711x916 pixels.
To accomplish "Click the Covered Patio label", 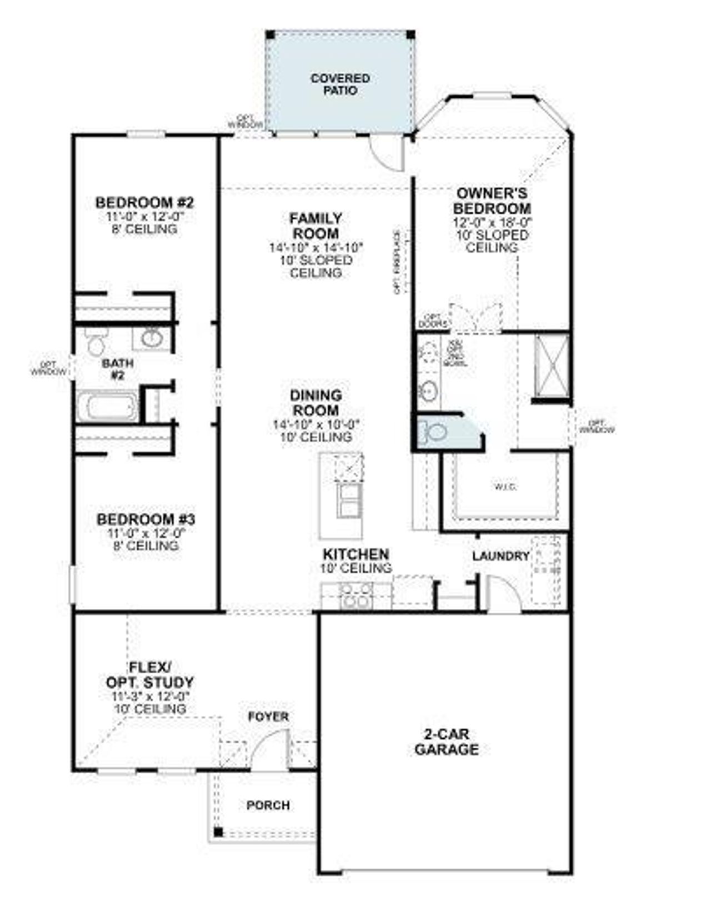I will [x=340, y=84].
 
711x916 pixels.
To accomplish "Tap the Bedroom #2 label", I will [x=144, y=202].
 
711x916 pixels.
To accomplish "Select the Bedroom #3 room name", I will [x=146, y=520].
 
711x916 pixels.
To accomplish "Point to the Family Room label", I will [x=316, y=226].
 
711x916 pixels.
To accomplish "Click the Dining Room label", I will [x=316, y=403].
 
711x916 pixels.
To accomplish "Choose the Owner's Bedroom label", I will [x=492, y=201].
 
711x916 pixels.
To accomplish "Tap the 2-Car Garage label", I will [x=446, y=742].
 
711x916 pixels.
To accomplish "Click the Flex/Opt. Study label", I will [x=150, y=674].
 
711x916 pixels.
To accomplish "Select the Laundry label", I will [x=500, y=556].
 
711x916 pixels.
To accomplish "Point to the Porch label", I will [x=268, y=805].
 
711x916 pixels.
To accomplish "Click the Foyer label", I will [x=268, y=717].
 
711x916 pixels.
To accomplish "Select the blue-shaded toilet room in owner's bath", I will [x=444, y=432].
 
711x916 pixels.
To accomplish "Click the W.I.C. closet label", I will [x=505, y=487].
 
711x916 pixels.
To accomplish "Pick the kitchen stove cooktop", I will [x=357, y=595].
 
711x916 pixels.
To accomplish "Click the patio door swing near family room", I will [x=386, y=153].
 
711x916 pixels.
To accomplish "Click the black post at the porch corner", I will [x=218, y=832].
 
